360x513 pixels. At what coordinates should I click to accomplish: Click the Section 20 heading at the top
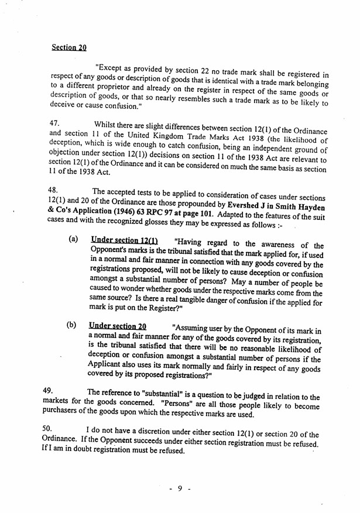click(x=68, y=47)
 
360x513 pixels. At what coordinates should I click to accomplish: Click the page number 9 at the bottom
click(x=180, y=489)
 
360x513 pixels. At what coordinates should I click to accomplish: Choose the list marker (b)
click(x=73, y=325)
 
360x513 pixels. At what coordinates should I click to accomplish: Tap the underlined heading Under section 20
click(x=117, y=326)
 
